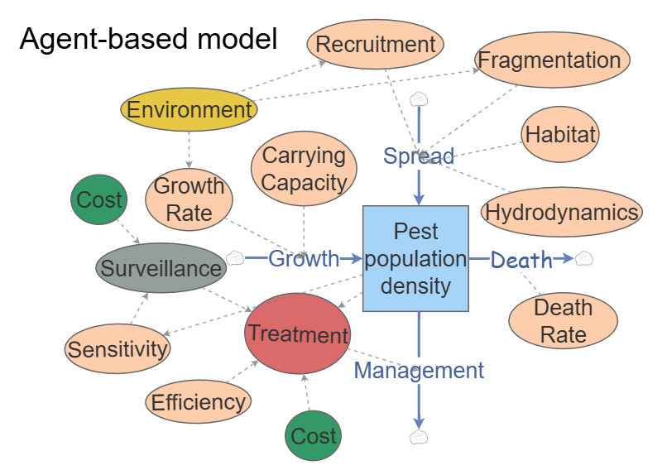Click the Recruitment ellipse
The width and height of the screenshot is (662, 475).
[375, 44]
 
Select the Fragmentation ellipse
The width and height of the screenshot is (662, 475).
[553, 60]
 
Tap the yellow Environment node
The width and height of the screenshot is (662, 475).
[189, 110]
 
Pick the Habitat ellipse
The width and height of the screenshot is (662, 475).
[560, 135]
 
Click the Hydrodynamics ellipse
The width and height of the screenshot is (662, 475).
[562, 213]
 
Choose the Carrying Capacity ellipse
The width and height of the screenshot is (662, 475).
[304, 168]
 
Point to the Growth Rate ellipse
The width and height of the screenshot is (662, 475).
[189, 199]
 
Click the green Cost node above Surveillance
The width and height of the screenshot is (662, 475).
[99, 199]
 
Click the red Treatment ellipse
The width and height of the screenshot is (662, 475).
[298, 334]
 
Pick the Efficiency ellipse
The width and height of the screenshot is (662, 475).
[198, 402]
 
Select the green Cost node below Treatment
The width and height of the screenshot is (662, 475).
[314, 436]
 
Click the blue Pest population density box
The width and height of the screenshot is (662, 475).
[416, 258]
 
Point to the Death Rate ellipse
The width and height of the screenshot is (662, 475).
[563, 321]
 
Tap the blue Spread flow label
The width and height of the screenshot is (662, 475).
[419, 156]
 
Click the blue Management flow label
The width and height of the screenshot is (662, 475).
[419, 370]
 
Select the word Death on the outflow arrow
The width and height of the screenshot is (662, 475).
[521, 260]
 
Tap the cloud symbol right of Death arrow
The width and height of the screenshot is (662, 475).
[584, 258]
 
